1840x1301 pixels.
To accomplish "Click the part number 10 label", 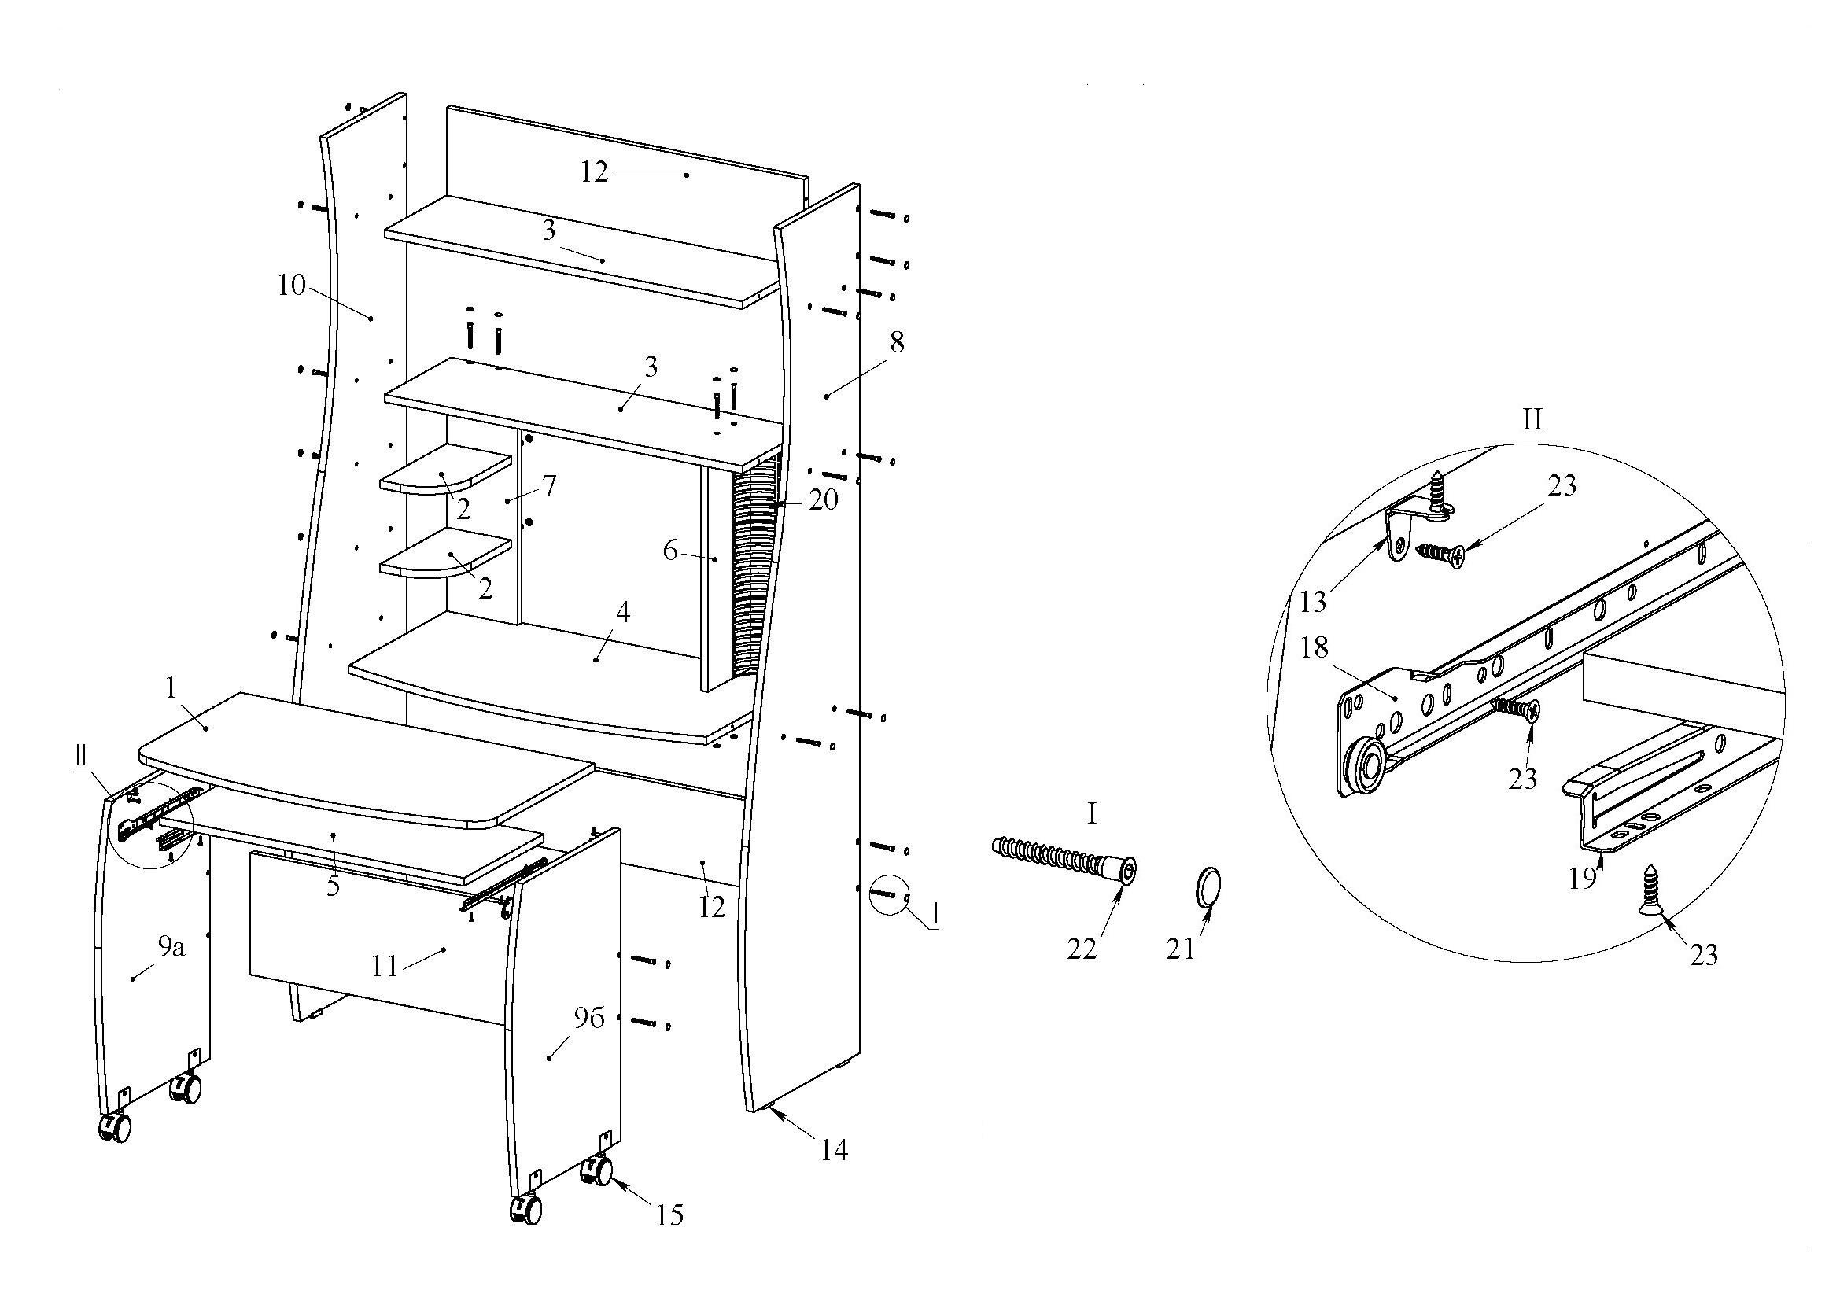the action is tap(292, 285).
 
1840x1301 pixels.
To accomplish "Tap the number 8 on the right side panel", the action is tap(897, 342).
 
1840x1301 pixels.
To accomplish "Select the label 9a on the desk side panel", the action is tap(171, 948).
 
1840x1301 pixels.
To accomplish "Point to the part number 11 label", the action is tap(385, 966).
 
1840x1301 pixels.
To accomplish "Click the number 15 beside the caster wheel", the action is tap(670, 1215).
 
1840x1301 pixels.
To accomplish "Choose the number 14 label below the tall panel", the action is tap(833, 1151).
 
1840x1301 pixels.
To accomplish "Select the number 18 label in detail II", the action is tap(1315, 647).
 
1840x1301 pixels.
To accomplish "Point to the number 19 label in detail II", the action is tap(1583, 879).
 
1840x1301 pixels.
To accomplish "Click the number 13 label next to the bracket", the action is tap(1314, 601).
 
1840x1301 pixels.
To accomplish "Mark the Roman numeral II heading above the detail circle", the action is tap(1532, 418).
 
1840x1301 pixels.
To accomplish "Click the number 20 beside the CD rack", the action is tap(823, 499).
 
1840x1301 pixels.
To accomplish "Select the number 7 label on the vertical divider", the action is tap(549, 485).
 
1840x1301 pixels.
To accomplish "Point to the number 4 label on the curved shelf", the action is tap(623, 613).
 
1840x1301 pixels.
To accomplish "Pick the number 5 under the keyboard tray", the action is tap(333, 886).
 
